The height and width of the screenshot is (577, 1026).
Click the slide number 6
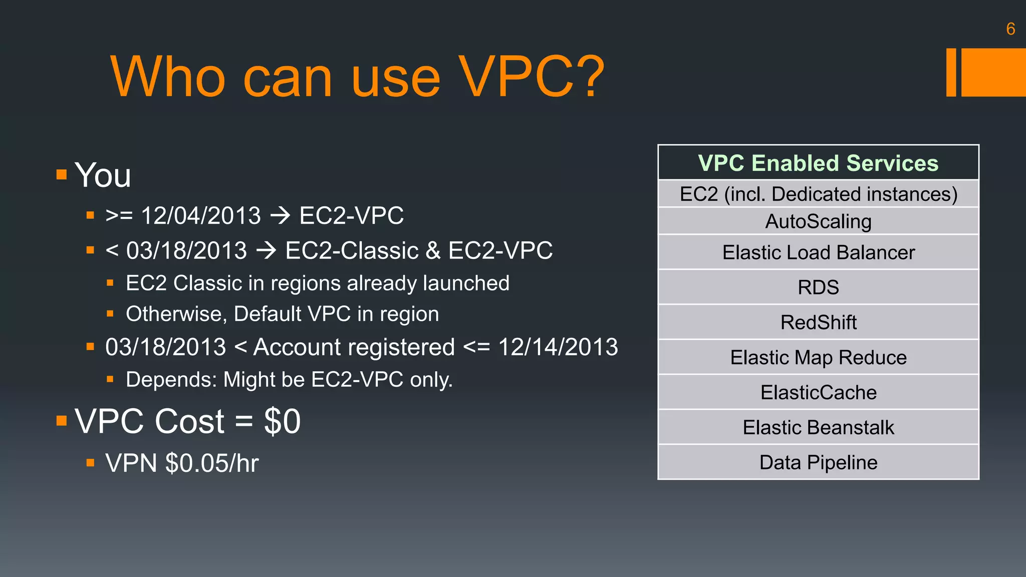point(1010,29)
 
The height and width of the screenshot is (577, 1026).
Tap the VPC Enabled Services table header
point(818,163)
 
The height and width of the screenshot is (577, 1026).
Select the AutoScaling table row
point(818,221)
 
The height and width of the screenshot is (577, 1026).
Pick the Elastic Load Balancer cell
point(818,252)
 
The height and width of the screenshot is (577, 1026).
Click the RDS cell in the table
point(818,287)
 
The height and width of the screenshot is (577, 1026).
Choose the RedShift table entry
point(818,323)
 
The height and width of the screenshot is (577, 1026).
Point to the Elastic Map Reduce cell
point(818,358)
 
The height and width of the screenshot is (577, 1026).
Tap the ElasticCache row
point(818,393)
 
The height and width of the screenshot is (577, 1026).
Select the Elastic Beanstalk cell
point(818,428)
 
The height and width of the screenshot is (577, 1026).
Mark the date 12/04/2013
point(201,216)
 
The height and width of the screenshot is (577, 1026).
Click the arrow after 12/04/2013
point(280,216)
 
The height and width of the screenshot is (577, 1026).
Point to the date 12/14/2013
point(558,347)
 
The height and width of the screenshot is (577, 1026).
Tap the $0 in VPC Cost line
point(282,421)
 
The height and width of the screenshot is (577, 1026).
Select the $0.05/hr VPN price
point(212,463)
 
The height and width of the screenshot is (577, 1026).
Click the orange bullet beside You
point(62,175)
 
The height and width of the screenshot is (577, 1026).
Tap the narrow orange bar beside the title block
point(951,72)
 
